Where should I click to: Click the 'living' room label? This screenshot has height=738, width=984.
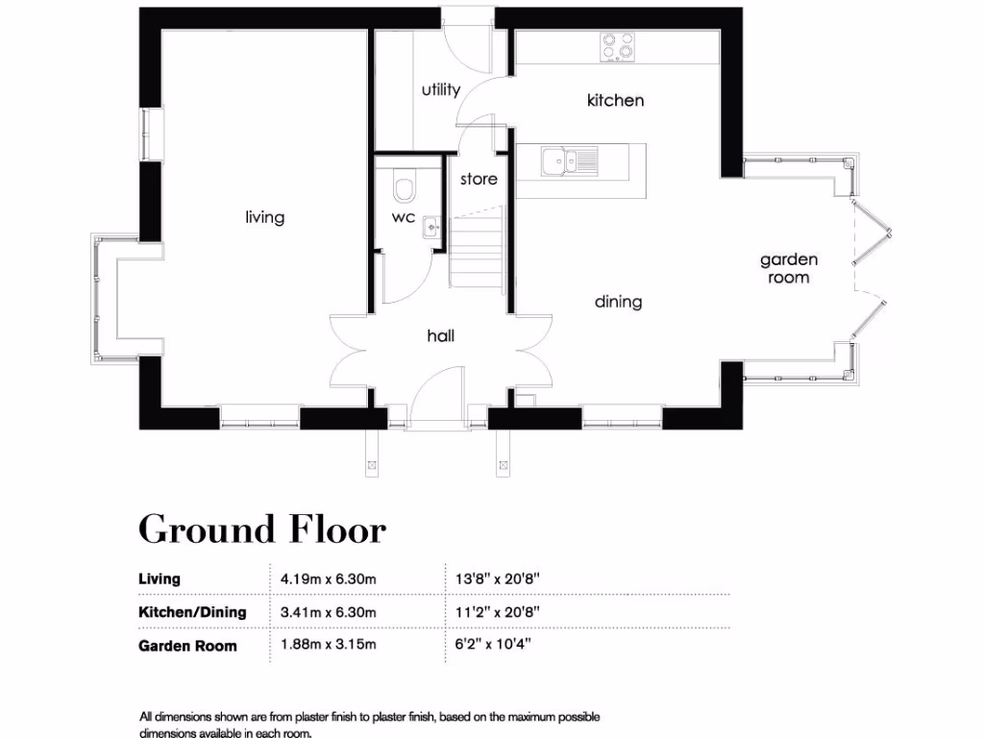264,217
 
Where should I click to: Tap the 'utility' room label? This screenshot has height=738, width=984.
441,90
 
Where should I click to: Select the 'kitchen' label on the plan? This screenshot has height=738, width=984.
615,100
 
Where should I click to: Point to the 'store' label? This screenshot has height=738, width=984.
479,179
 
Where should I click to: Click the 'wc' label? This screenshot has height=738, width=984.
403,217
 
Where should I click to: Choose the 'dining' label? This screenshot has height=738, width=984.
618,302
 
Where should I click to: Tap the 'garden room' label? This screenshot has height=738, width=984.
789,268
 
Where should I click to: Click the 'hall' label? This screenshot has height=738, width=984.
440,335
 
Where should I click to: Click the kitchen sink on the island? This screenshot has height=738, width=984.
567,161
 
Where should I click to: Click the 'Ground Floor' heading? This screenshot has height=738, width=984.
262,529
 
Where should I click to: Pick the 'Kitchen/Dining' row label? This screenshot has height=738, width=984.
192,612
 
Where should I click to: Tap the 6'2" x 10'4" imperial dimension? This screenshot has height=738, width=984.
496,645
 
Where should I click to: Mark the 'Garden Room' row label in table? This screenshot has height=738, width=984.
187,645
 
